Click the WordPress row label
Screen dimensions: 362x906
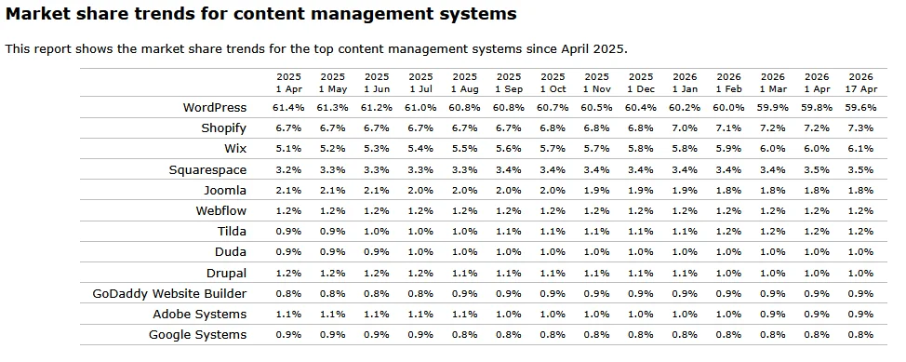click(x=215, y=108)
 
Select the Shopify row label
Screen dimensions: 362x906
click(x=223, y=128)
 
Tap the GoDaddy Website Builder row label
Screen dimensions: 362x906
click(x=169, y=294)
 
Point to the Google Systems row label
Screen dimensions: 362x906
click(x=197, y=335)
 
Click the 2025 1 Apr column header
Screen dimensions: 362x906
click(x=288, y=82)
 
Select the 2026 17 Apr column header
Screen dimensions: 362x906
click(x=860, y=82)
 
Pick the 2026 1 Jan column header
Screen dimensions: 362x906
click(x=685, y=82)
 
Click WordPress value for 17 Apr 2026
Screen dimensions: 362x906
click(x=860, y=108)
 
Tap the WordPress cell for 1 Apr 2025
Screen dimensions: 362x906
click(x=288, y=108)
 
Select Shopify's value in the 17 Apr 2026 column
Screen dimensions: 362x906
click(x=860, y=128)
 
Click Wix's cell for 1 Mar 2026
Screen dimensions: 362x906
click(x=772, y=149)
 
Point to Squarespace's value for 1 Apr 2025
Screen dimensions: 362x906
click(x=288, y=170)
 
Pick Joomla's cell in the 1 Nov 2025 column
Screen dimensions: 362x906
click(x=596, y=191)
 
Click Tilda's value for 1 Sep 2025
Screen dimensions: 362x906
click(x=509, y=232)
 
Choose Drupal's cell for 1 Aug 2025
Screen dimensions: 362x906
click(x=464, y=274)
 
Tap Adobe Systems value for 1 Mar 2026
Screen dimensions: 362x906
click(x=772, y=315)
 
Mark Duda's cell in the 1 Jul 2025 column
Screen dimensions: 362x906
click(x=420, y=252)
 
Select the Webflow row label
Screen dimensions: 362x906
click(x=220, y=211)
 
